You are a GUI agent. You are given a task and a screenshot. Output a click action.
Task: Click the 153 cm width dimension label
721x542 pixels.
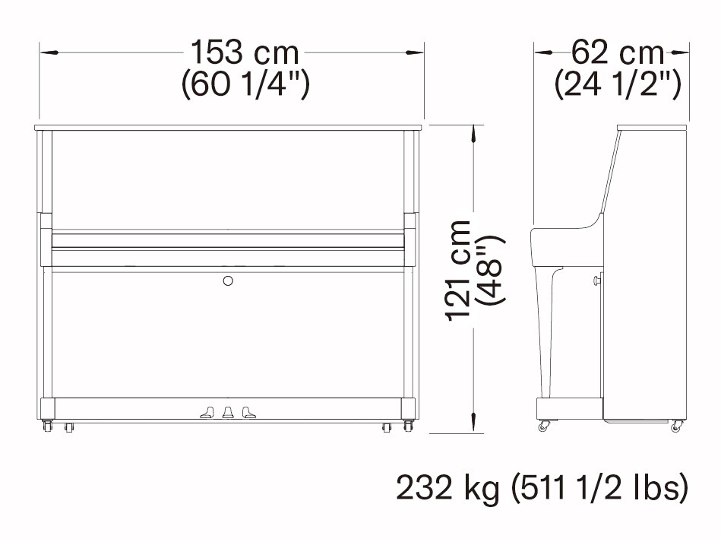pyautogui.click(x=245, y=52)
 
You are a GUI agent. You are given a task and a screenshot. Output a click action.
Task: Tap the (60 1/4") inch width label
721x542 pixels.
pyautogui.click(x=245, y=84)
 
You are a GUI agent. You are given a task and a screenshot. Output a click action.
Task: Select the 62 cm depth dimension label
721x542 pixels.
pyautogui.click(x=618, y=52)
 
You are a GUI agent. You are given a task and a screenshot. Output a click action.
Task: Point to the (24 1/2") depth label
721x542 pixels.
pyautogui.click(x=618, y=84)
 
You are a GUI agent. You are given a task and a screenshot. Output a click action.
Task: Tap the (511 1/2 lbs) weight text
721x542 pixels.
pyautogui.click(x=600, y=488)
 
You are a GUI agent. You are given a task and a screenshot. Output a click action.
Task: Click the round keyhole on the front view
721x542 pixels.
pyautogui.click(x=228, y=281)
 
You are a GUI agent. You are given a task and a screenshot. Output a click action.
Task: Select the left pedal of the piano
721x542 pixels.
pyautogui.click(x=208, y=412)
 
